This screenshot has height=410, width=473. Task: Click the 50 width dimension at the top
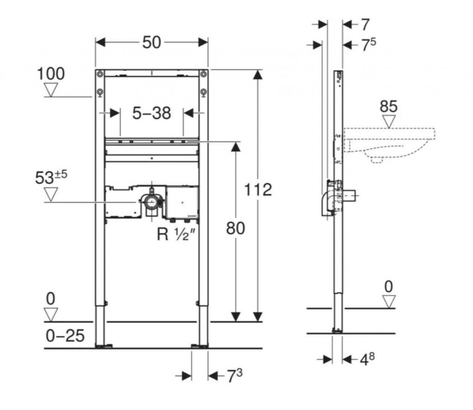152,42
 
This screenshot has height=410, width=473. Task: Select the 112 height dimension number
258,190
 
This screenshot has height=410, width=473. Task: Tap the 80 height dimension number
236,228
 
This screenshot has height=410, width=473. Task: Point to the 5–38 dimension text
152,114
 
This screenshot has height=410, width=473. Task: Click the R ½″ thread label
177,234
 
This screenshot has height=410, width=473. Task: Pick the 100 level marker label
51,74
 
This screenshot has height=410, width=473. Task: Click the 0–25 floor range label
65,336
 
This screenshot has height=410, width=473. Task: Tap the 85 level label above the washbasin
388,107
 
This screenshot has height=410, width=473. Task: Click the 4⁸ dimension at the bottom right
367,359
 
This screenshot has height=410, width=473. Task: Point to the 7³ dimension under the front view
234,376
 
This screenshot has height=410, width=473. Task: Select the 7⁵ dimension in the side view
369,45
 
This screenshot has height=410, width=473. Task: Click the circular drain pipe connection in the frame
151,201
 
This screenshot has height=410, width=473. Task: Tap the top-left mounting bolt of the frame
100,74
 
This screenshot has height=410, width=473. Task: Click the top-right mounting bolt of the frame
204,74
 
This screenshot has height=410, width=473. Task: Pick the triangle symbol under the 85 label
389,122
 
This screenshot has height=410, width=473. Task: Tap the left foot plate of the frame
104,346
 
